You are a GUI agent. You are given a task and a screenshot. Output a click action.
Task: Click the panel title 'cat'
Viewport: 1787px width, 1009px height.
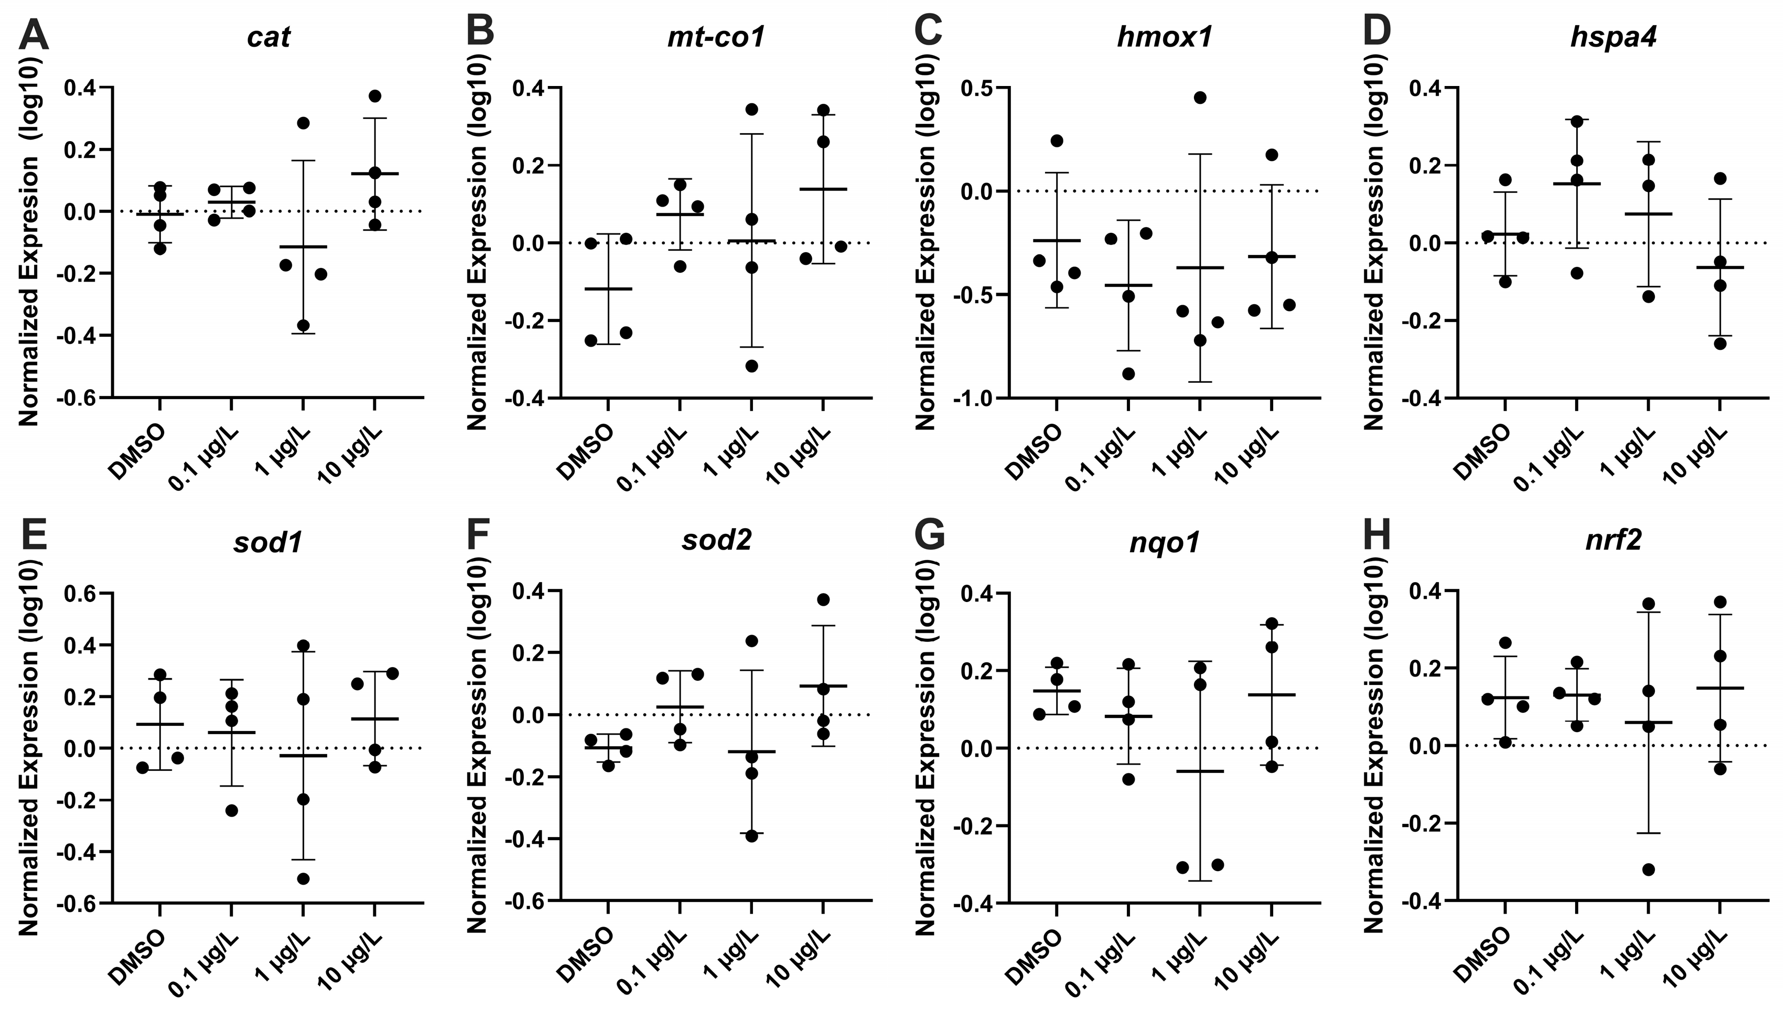[268, 37]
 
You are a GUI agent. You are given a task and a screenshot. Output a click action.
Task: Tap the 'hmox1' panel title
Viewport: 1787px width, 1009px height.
[1165, 37]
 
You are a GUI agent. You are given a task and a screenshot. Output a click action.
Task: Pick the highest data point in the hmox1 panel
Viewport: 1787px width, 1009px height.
[1200, 97]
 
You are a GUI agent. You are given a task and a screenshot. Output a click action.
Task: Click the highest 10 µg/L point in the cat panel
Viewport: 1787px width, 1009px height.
[375, 96]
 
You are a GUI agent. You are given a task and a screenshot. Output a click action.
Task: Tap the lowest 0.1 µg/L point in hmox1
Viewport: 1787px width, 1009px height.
[1128, 374]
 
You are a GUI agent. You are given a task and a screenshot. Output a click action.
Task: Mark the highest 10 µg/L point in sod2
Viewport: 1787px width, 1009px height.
[823, 599]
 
